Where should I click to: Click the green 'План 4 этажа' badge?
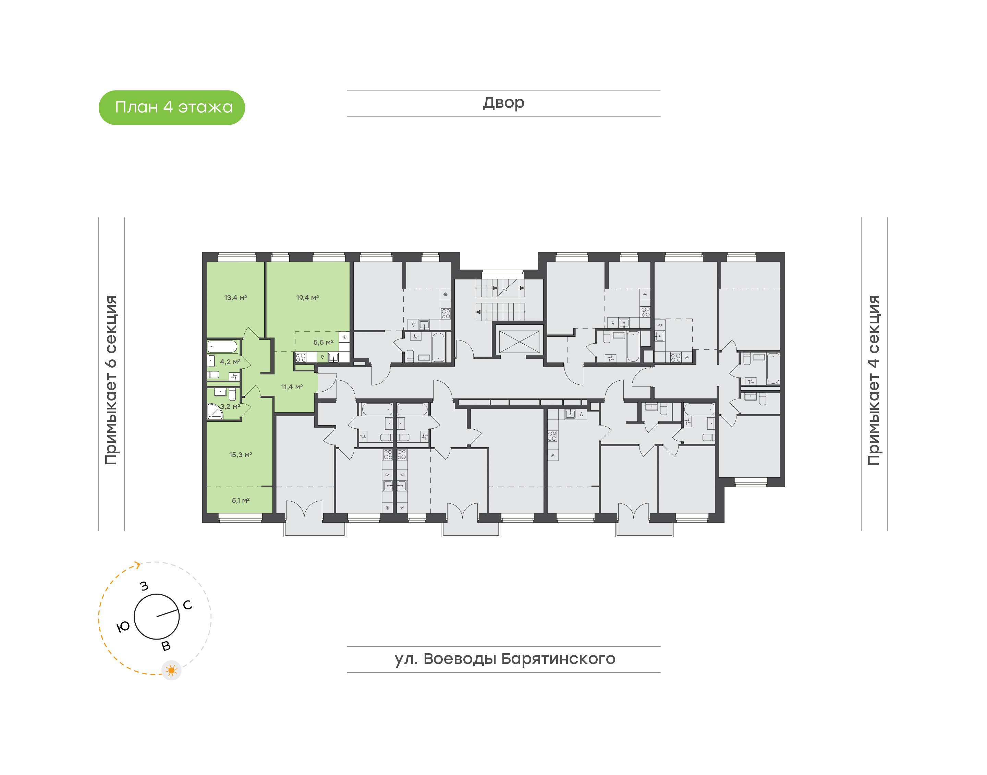(171, 108)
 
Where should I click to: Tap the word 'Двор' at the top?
(503, 103)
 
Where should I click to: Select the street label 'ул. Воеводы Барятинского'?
(504, 659)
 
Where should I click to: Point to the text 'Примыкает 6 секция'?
(111, 380)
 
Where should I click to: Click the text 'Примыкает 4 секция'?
(874, 380)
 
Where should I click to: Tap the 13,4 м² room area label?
(235, 298)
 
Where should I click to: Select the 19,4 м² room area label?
(307, 298)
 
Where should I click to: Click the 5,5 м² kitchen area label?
(323, 342)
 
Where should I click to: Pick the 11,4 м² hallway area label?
(292, 386)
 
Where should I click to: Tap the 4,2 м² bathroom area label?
(230, 362)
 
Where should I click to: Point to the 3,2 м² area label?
(230, 406)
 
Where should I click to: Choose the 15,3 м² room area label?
(240, 454)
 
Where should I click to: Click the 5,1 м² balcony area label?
(240, 500)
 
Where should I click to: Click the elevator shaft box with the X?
(519, 342)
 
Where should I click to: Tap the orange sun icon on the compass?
(171, 670)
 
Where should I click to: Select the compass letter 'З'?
(144, 586)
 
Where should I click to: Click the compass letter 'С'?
(187, 605)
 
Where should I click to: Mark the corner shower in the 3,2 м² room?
(215, 412)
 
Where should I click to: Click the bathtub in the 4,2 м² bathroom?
(222, 347)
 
